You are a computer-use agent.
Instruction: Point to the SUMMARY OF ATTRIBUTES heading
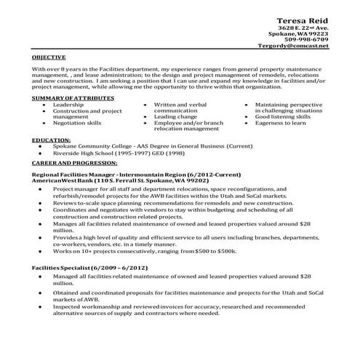(73, 97)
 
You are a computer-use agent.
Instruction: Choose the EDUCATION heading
(52, 138)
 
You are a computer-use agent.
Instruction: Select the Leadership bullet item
(68, 105)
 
